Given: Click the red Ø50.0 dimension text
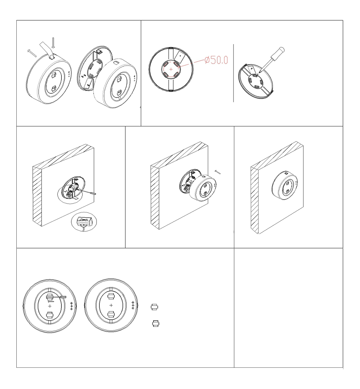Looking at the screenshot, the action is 216,60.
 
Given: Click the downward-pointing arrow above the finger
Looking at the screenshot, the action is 53,43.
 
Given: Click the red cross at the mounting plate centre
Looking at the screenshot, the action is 171,69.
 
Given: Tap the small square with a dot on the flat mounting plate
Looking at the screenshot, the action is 179,57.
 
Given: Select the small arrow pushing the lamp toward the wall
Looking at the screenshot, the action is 218,172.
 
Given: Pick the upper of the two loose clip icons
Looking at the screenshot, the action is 154,307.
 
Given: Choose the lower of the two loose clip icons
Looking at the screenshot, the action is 155,324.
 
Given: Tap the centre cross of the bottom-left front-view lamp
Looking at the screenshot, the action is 50,306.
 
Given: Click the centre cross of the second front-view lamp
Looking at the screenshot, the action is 111,305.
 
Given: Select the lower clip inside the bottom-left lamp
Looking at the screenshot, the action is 50,315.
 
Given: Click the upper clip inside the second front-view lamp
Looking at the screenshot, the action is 111,296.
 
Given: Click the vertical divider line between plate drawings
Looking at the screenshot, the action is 233,73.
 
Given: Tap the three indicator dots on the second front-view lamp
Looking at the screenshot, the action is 133,305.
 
